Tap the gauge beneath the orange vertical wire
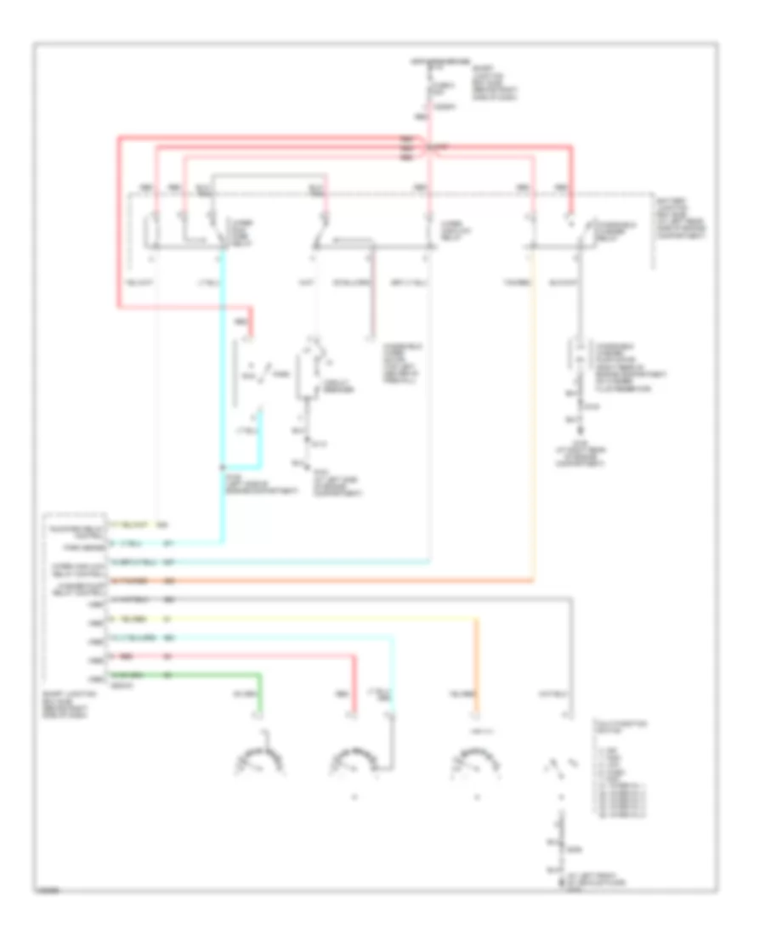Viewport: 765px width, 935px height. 477,760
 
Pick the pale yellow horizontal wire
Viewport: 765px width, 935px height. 323,620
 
